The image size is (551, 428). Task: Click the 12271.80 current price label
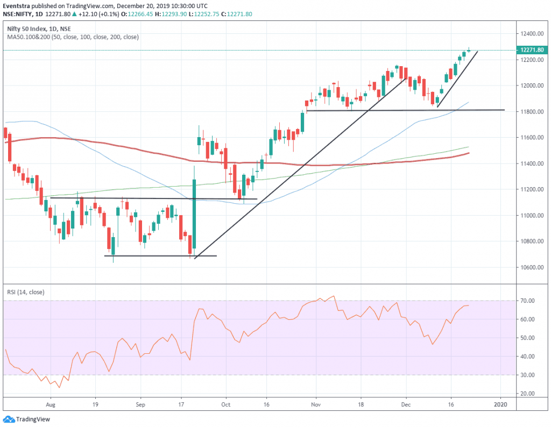pos(531,50)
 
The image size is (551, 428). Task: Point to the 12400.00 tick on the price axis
pos(531,34)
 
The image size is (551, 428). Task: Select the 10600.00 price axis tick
pos(531,267)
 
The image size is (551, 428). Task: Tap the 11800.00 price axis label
pos(531,112)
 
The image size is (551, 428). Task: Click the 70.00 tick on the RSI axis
pos(528,301)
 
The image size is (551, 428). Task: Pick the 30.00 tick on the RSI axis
pos(528,375)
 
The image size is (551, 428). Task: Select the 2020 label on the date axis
pos(501,403)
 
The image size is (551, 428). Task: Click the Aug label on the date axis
pos(51,403)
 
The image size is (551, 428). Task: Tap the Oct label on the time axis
pos(226,403)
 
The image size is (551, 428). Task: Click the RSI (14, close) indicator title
pos(26,292)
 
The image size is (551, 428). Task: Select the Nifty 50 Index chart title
pos(25,28)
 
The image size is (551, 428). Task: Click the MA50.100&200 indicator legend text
pos(73,37)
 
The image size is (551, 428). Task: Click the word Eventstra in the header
pos(16,5)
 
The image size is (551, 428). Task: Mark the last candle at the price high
pos(469,51)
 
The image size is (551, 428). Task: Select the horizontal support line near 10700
pos(160,255)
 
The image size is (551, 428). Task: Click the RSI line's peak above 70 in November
pos(334,296)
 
